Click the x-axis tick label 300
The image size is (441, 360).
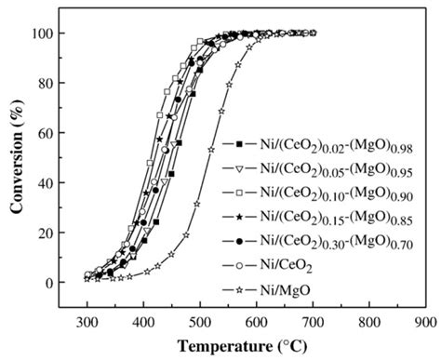tap(87, 323)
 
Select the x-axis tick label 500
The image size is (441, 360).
tap(200, 323)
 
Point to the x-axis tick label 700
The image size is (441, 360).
tap(313, 323)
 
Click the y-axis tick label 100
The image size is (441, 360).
tap(42, 33)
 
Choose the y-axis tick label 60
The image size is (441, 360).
tap(46, 133)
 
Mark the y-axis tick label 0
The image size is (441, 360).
tap(50, 283)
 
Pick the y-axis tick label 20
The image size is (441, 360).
tap(46, 233)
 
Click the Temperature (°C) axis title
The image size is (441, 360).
tap(242, 346)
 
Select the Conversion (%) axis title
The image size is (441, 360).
tap(17, 156)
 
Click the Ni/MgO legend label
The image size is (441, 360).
tap(286, 290)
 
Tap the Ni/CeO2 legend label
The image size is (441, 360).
tap(286, 267)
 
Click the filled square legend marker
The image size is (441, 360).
tap(239, 144)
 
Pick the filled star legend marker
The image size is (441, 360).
tap(239, 217)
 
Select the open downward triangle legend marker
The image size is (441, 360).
tap(239, 169)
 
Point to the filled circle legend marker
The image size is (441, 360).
tap(239, 241)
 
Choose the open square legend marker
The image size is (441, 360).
tap(239, 193)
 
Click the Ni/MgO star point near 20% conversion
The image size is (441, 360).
tap(186, 235)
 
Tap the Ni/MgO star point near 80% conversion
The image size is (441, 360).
tap(229, 85)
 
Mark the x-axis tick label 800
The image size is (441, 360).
tap(369, 323)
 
